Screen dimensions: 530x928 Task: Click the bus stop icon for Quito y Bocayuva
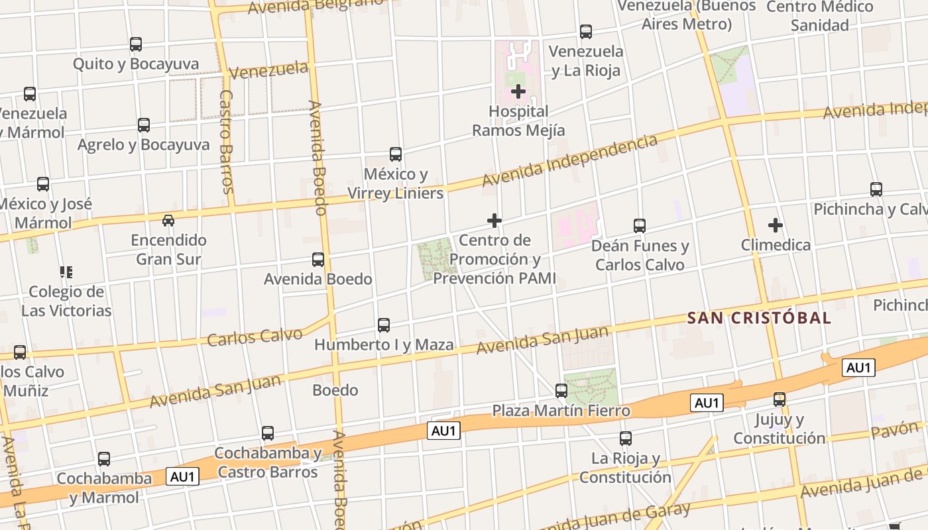tap(136, 44)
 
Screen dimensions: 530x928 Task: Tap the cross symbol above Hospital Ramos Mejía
tap(518, 91)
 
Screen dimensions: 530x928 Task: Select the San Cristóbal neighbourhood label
tap(759, 318)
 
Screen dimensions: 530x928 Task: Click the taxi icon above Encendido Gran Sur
tap(168, 220)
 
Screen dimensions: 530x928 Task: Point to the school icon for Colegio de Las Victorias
tap(66, 272)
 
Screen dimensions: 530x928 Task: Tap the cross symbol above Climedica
tap(776, 225)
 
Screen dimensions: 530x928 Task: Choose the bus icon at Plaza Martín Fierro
tap(561, 391)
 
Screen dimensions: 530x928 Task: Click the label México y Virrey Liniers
tap(396, 184)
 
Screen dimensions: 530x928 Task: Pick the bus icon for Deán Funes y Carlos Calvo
tap(640, 226)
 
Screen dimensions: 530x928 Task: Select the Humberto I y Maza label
tap(384, 344)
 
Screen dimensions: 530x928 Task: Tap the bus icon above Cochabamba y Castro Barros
tap(268, 433)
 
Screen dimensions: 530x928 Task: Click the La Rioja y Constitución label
tap(626, 467)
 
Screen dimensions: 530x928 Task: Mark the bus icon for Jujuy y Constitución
tap(780, 399)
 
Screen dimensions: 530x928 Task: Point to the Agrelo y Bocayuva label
tap(143, 144)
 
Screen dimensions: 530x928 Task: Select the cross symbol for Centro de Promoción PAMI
tap(494, 221)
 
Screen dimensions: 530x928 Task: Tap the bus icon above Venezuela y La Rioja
tap(586, 31)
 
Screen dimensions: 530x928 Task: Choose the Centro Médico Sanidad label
tap(820, 16)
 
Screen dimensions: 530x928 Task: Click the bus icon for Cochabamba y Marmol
tap(104, 459)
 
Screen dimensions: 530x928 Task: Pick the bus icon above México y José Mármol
tap(43, 184)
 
